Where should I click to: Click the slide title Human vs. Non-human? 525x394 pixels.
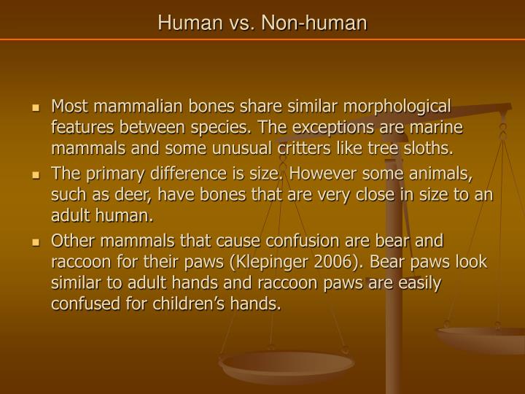click(262, 23)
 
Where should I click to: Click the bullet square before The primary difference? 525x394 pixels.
click(35, 176)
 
